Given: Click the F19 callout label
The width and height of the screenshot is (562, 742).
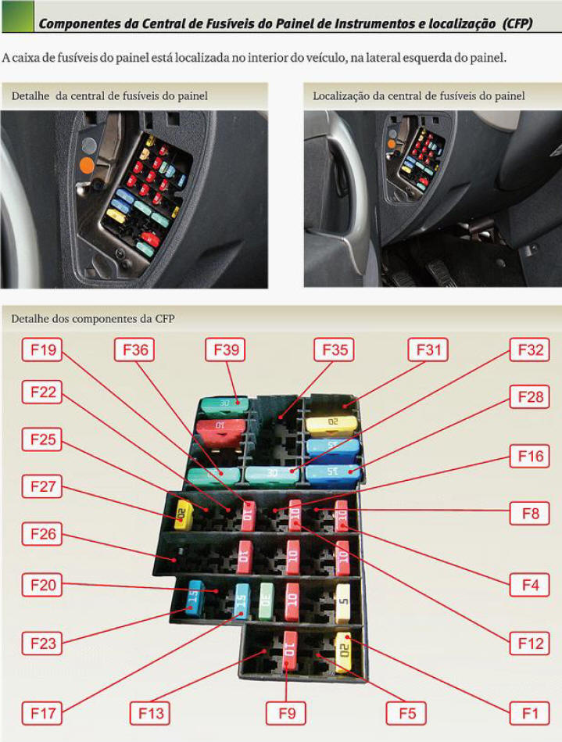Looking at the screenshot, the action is [x=42, y=350].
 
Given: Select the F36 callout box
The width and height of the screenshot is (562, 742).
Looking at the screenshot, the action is [x=134, y=350].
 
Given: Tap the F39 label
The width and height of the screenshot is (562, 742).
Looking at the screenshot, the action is [x=225, y=350].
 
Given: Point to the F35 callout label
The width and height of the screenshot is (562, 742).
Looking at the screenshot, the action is [x=335, y=350].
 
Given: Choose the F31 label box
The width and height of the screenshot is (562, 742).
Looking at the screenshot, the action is [x=428, y=350].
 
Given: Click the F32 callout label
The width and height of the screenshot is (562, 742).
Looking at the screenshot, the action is [x=530, y=350].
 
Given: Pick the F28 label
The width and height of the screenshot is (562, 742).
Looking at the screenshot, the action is [x=530, y=396].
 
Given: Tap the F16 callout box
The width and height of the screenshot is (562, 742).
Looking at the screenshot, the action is [x=530, y=456].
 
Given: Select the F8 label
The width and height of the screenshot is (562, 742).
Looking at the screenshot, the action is [x=530, y=514].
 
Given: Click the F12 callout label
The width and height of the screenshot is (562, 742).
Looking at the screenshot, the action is [x=530, y=643].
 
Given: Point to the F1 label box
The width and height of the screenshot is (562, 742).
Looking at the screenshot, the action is [x=530, y=713].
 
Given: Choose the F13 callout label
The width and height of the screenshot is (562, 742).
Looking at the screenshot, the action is [x=150, y=713].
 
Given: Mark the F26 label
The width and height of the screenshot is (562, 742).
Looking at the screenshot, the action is [x=42, y=534].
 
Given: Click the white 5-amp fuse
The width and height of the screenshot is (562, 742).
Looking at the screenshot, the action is [x=343, y=603].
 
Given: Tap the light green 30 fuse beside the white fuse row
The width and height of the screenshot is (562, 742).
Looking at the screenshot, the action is [x=267, y=601].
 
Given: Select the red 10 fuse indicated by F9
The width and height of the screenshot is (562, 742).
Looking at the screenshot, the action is [x=289, y=651].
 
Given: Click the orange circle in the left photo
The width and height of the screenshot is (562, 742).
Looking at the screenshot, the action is [x=87, y=165].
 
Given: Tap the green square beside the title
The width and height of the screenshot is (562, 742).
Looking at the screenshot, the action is [x=18, y=16].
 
